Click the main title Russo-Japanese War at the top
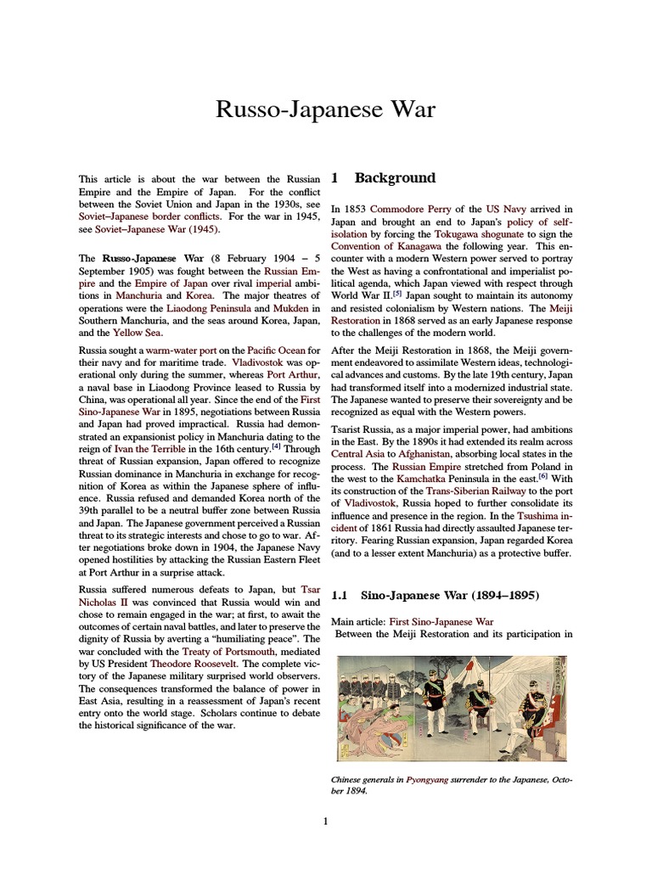[326, 109]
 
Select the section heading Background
[395, 178]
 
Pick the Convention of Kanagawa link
[381, 246]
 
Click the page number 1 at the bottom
[325, 821]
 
